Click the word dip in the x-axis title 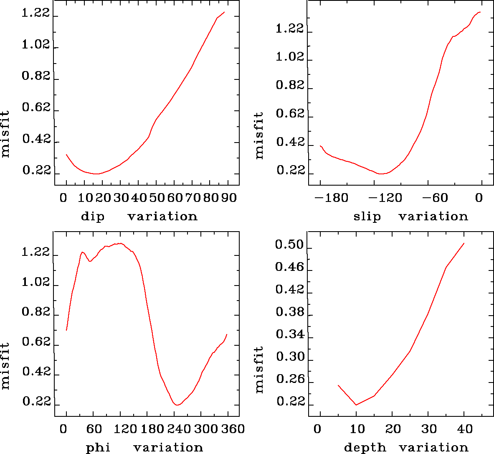[92, 217]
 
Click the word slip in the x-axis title [367, 217]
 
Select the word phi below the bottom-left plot [98, 448]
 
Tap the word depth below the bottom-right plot [365, 448]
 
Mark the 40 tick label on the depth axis [465, 429]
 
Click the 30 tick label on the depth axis [429, 429]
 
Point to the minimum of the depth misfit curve [356, 405]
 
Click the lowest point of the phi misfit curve [177, 405]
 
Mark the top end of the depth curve [464, 243]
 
